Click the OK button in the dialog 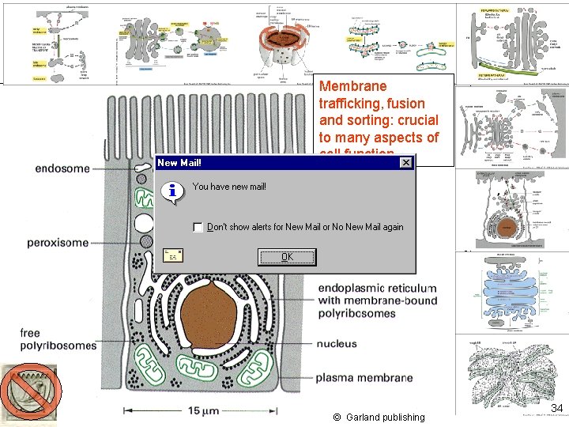coord(287,257)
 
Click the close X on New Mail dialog coord(405,163)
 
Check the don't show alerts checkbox coord(198,227)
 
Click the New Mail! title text coord(179,163)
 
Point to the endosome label coord(62,168)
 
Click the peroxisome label coord(58,243)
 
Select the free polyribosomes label coord(58,339)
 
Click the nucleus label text coord(337,344)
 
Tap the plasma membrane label coord(364,378)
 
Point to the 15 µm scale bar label coord(204,411)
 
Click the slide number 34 coord(556,408)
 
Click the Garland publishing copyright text coord(379,417)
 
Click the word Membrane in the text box coord(353,86)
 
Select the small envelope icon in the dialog coord(173,255)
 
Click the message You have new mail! coord(229,187)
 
